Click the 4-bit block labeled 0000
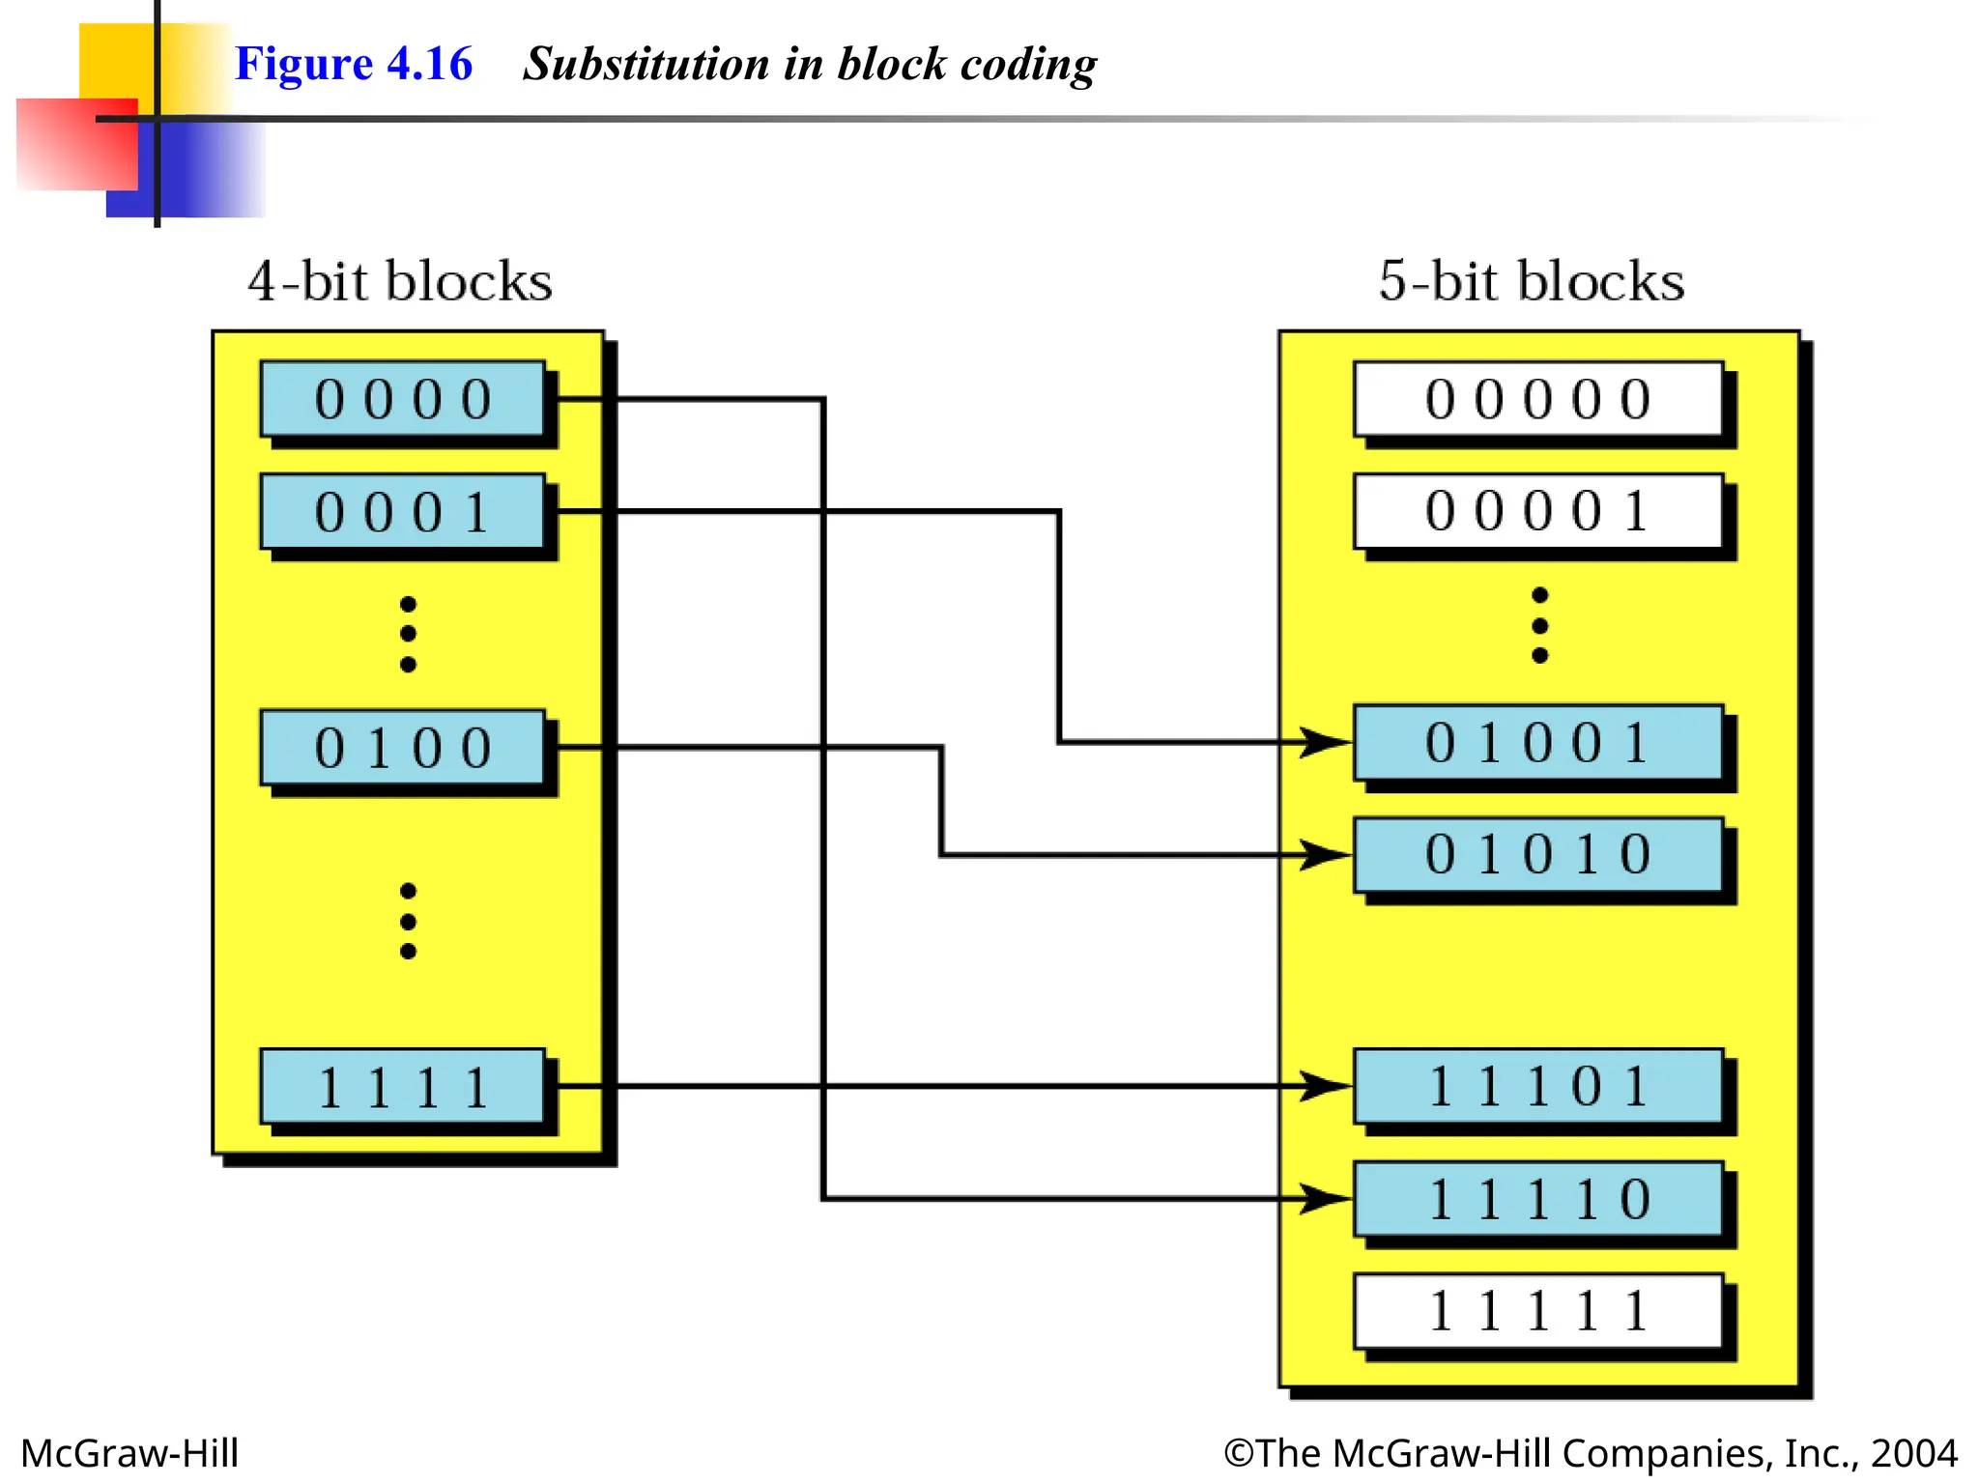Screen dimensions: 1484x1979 [x=403, y=399]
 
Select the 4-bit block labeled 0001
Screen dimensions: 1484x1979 [x=403, y=511]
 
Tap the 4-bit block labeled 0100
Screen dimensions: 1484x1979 [x=403, y=747]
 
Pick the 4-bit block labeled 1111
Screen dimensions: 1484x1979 [x=403, y=1087]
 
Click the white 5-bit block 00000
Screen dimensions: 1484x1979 [x=1538, y=399]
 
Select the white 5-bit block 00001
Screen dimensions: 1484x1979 [x=1538, y=511]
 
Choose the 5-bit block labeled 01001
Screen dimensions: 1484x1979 [x=1538, y=742]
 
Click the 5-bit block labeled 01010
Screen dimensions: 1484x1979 [x=1538, y=854]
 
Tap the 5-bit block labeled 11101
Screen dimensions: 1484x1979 [x=1538, y=1086]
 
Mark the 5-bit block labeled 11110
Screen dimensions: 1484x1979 [x=1538, y=1199]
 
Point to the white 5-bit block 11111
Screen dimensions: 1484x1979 [x=1538, y=1311]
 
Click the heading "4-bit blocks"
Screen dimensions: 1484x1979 [x=400, y=281]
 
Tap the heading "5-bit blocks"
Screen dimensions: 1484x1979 [x=1532, y=281]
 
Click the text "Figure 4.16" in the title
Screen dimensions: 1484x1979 [x=354, y=64]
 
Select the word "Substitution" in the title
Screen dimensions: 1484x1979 [x=645, y=64]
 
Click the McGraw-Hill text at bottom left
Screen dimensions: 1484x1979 [x=129, y=1453]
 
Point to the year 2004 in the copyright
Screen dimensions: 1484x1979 [x=1913, y=1453]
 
